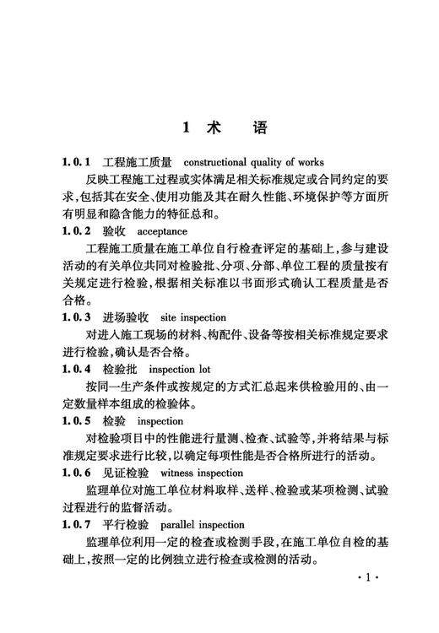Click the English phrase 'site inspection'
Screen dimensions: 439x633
pyautogui.click(x=192, y=318)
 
